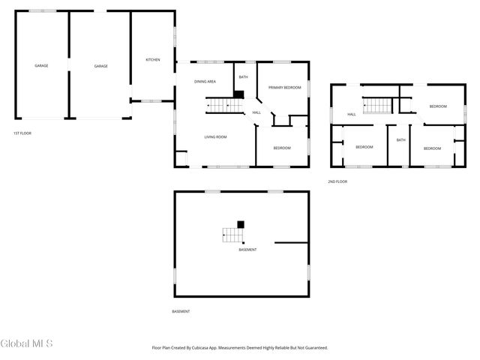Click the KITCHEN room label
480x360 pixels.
[153, 60]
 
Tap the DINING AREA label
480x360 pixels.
[205, 81]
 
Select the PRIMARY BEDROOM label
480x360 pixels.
[285, 88]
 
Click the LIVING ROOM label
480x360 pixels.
[216, 136]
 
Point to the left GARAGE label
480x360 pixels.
[41, 66]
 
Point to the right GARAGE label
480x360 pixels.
[100, 66]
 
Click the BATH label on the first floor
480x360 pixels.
[243, 77]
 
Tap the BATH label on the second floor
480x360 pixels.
[400, 140]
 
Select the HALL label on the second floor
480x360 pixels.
[351, 115]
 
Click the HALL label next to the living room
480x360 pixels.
[256, 112]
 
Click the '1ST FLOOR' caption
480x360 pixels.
[22, 133]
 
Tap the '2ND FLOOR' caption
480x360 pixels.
[337, 181]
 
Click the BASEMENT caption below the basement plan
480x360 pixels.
[181, 311]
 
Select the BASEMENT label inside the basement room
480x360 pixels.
[247, 250]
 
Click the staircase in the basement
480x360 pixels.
[232, 235]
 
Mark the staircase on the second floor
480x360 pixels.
[374, 105]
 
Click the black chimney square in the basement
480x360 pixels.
[241, 223]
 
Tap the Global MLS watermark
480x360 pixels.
[27, 344]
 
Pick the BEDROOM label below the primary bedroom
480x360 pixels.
[282, 148]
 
